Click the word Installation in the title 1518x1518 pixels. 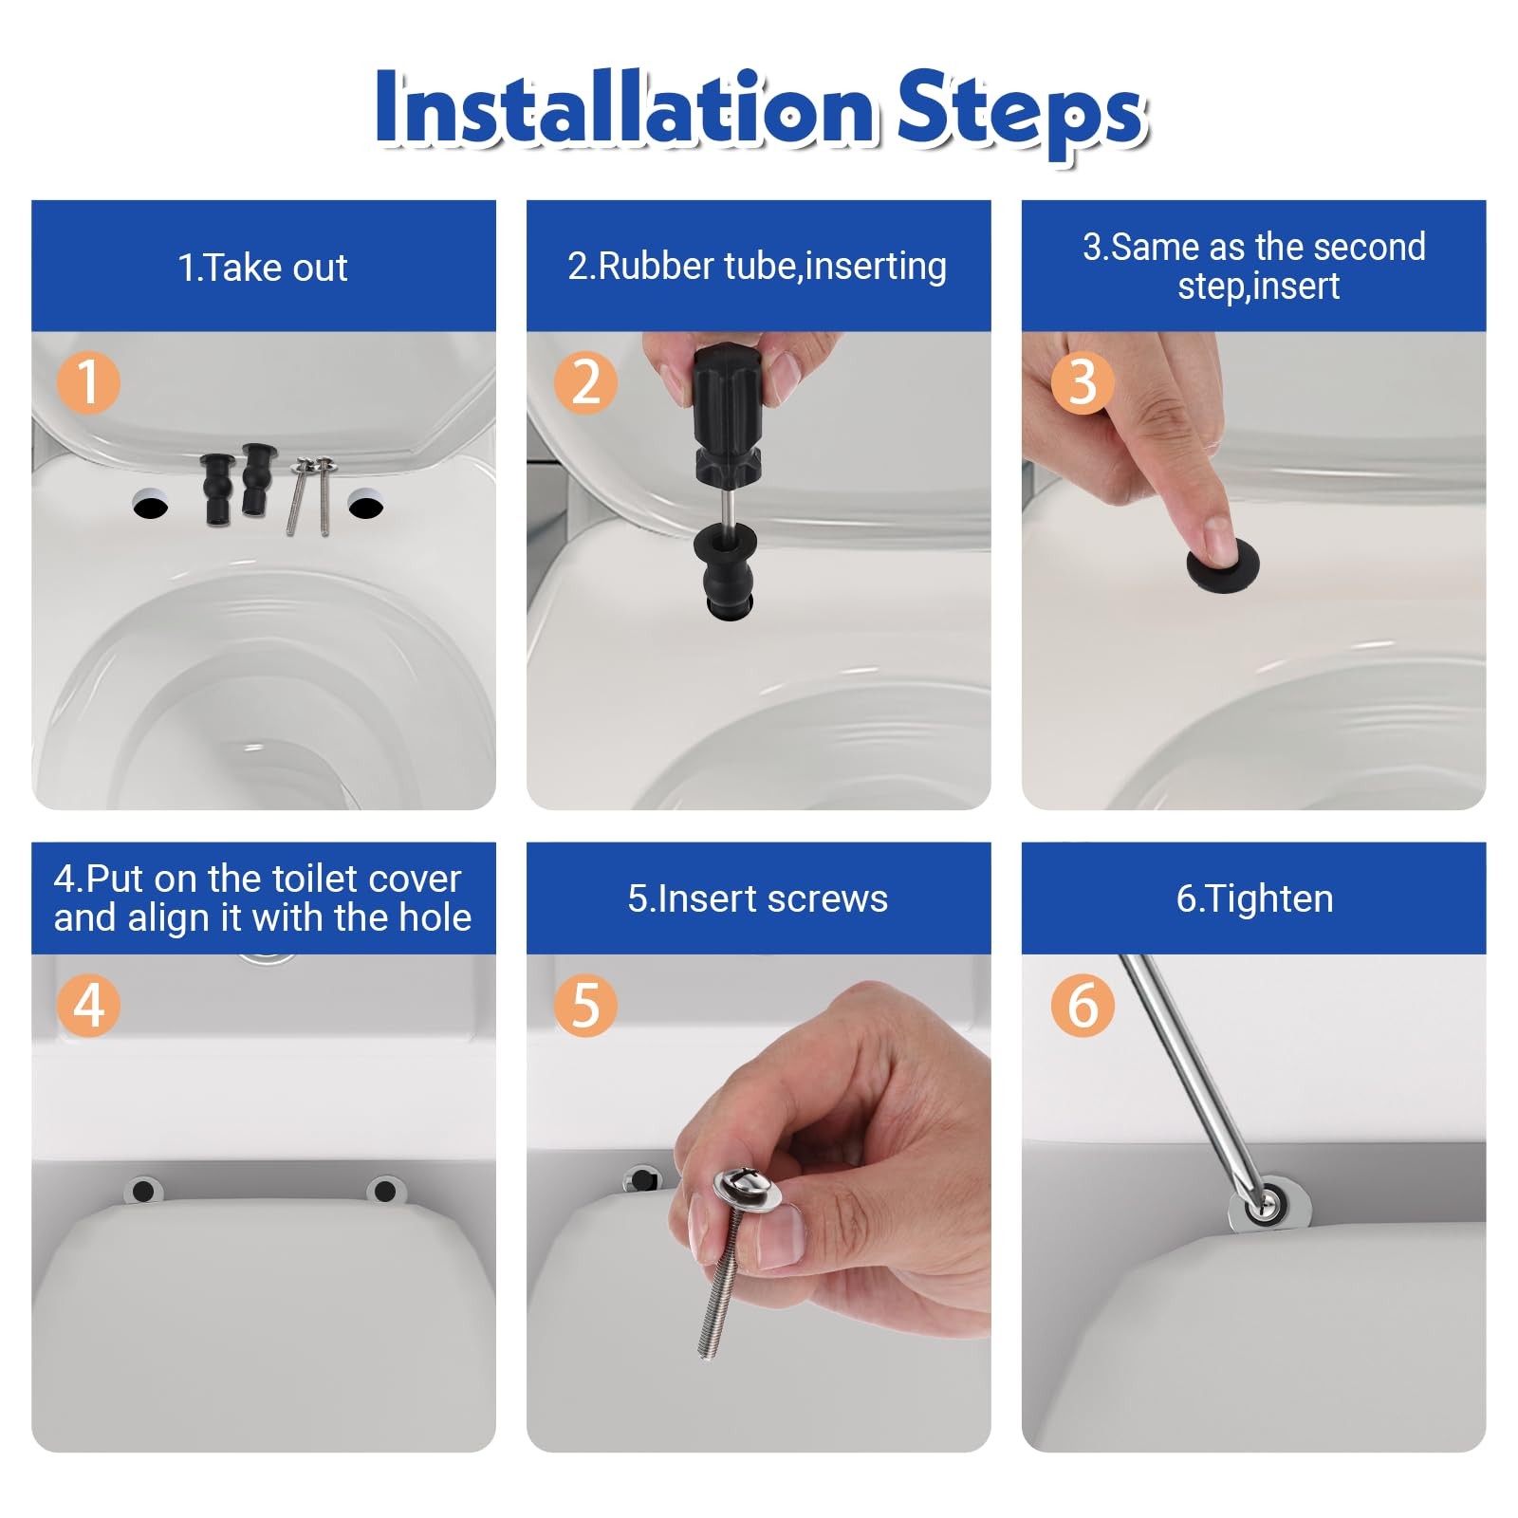coord(624,109)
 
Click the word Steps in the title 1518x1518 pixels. coord(1022,114)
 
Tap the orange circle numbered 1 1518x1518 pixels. coord(88,382)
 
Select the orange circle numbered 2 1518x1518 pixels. coord(585,382)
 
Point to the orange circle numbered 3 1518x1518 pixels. coord(1083,382)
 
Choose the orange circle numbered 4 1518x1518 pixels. coord(88,1005)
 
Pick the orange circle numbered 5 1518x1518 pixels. coord(585,1005)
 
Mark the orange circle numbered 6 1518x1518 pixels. coord(1083,1005)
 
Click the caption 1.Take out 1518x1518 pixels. coord(263,268)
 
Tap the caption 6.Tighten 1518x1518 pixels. coord(1254,898)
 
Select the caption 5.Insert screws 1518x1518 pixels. coord(757,898)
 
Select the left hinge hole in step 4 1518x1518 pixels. coord(143,1190)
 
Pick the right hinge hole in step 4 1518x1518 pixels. coord(384,1190)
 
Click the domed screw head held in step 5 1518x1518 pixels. coord(747,1189)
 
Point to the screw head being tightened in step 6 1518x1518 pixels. coord(1263,1206)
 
